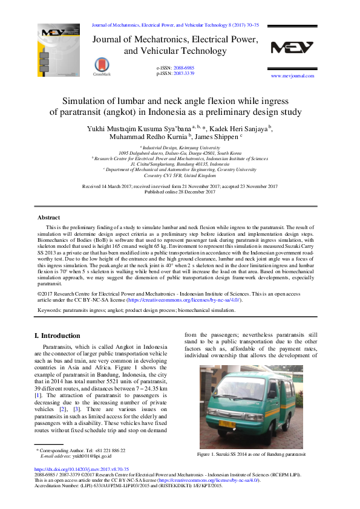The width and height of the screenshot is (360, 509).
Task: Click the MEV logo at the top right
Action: (x=292, y=48)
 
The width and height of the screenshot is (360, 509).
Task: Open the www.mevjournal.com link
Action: (x=292, y=76)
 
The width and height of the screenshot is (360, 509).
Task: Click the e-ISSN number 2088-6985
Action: (x=184, y=68)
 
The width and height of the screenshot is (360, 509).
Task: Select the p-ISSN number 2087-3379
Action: (x=184, y=73)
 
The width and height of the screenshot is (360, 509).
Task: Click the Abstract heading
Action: (x=48, y=217)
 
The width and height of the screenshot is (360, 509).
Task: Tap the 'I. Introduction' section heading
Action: (x=57, y=336)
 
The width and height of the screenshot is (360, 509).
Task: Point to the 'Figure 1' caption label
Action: (x=208, y=453)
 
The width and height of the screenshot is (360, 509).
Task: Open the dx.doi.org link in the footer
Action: (x=82, y=469)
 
